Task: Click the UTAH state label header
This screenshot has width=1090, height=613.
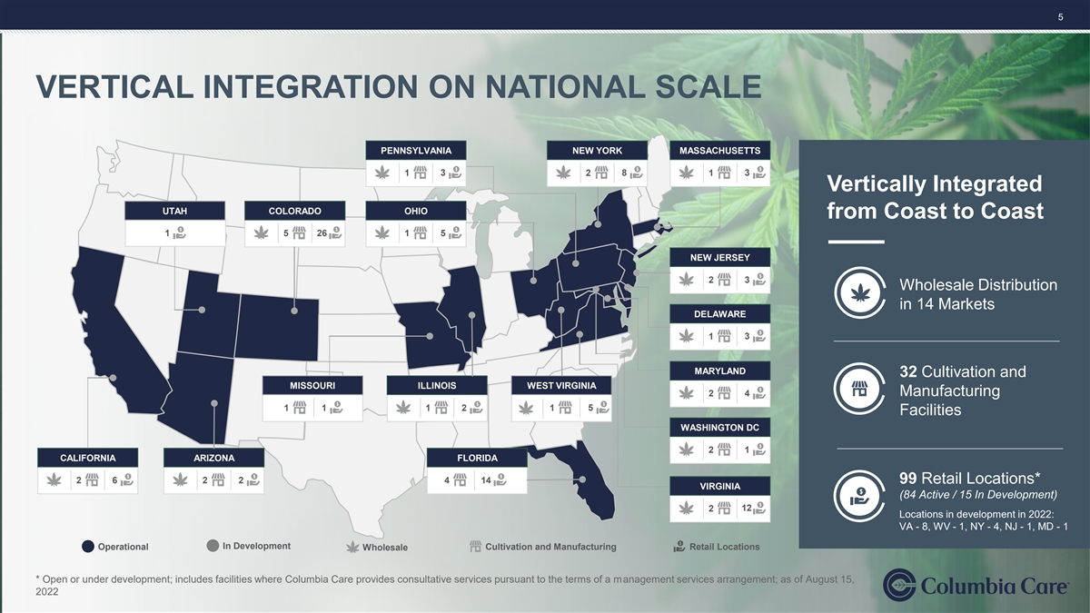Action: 174,211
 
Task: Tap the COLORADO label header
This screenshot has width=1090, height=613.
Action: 295,211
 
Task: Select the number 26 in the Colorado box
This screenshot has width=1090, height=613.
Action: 322,233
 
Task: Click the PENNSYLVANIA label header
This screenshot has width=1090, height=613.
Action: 416,151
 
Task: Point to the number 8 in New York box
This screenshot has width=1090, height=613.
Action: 624,173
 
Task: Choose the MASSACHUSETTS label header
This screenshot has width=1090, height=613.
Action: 719,151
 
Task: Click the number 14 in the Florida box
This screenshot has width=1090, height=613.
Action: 486,480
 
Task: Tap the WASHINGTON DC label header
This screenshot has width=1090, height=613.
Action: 719,428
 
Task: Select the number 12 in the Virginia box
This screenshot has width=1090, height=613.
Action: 747,509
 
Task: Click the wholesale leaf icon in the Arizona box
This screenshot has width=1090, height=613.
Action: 180,480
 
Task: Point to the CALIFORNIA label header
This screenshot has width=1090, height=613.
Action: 87,458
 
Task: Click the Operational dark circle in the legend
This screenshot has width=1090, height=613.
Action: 87,547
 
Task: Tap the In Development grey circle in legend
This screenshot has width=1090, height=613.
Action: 213,546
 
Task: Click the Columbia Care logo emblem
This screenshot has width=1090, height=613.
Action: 899,585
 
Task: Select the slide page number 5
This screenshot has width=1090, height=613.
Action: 1060,17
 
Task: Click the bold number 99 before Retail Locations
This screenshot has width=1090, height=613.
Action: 908,479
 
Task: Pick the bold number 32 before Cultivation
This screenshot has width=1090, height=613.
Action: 908,371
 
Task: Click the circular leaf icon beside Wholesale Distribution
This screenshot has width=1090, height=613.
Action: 860,292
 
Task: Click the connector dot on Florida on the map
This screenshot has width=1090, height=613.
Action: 582,480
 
